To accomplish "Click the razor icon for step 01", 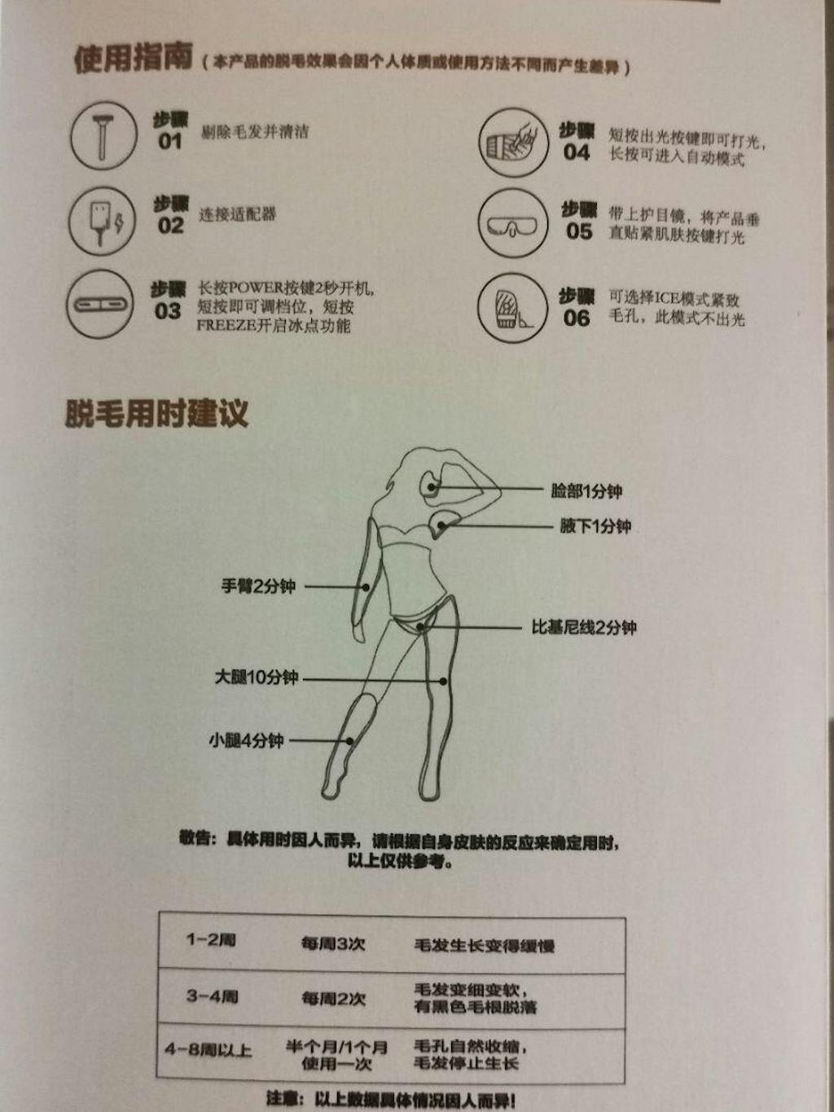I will pyautogui.click(x=103, y=136).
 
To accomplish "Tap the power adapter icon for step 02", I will pyautogui.click(x=102, y=221).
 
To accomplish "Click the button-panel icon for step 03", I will pyautogui.click(x=100, y=305).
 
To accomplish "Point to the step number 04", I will pyautogui.click(x=576, y=152).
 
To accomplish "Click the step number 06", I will pyautogui.click(x=576, y=319).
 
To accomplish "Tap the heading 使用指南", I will pyautogui.click(x=134, y=59).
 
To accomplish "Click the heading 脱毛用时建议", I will pyautogui.click(x=156, y=413).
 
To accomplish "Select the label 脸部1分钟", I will pyautogui.click(x=586, y=491).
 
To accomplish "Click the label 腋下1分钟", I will pyautogui.click(x=595, y=526).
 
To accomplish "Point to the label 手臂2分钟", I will pyautogui.click(x=258, y=586).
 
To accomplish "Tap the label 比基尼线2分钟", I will pyautogui.click(x=584, y=627).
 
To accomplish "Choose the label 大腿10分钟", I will pyautogui.click(x=257, y=677).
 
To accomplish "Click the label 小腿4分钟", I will pyautogui.click(x=246, y=741).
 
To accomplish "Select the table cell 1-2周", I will pyautogui.click(x=211, y=940).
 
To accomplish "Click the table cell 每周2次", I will pyautogui.click(x=333, y=998).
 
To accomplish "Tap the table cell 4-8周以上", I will pyautogui.click(x=208, y=1049).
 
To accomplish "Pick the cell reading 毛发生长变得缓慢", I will pyautogui.click(x=485, y=946).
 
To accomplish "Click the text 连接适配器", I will pyautogui.click(x=238, y=215).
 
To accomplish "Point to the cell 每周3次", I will pyautogui.click(x=333, y=943).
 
